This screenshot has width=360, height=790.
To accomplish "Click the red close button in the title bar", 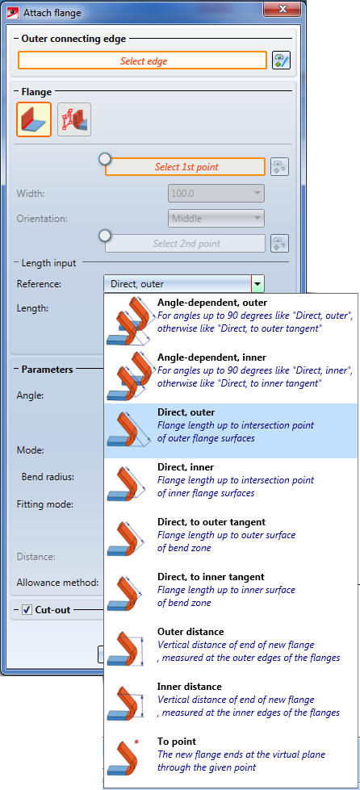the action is tap(283, 10).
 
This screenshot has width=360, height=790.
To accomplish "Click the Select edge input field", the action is tap(142, 61).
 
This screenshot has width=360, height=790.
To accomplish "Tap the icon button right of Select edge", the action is tap(282, 61).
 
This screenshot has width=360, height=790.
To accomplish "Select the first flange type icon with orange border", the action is tap(34, 119).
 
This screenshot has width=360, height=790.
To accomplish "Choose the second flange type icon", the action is tap(74, 119).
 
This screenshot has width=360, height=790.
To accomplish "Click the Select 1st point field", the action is tap(185, 167).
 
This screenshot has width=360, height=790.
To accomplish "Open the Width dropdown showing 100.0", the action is tap(216, 193).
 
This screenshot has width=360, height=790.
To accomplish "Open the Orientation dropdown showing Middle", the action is tap(216, 218).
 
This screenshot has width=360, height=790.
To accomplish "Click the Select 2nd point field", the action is tap(185, 244).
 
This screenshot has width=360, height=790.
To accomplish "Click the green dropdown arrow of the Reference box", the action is tap(257, 284).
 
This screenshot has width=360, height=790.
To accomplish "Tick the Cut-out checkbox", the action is tap(27, 610).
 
